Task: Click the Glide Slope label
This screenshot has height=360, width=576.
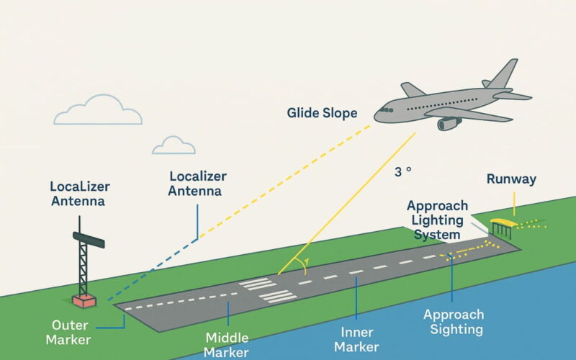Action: [x=322, y=114]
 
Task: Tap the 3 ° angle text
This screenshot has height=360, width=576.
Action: [x=402, y=172]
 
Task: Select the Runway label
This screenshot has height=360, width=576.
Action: [x=511, y=179]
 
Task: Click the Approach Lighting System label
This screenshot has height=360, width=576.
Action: [x=437, y=220]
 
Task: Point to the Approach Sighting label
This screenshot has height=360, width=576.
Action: [x=454, y=323]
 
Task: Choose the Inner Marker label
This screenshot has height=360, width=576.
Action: [x=357, y=339]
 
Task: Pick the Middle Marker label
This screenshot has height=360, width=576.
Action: [x=228, y=345]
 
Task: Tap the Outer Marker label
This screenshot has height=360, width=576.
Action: [x=71, y=332]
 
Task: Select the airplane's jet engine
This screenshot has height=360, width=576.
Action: [x=449, y=123]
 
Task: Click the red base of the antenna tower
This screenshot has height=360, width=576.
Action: [x=84, y=299]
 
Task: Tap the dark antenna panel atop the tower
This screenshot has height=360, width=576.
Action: [x=89, y=239]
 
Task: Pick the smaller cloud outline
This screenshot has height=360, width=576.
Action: [x=174, y=145]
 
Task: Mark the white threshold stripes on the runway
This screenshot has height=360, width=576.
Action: [x=268, y=289]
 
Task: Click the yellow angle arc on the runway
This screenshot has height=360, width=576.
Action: [x=305, y=266]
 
